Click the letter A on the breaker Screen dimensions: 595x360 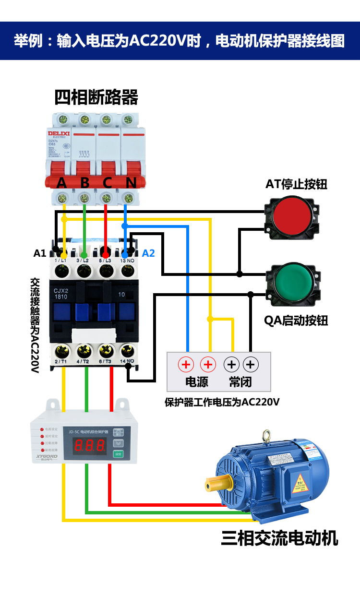pyautogui.click(x=61, y=183)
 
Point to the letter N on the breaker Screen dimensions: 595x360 pyautogui.click(x=131, y=183)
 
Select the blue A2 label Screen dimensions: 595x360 pyautogui.click(x=149, y=253)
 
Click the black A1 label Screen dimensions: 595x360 pyautogui.click(x=40, y=253)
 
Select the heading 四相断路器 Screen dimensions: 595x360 pyautogui.click(x=96, y=97)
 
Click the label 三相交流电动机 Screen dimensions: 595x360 pyautogui.click(x=279, y=538)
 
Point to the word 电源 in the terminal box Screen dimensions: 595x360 pyautogui.click(x=197, y=382)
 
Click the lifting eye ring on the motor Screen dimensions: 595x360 pyautogui.click(x=264, y=436)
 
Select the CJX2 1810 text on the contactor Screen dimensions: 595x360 pyautogui.click(x=61, y=294)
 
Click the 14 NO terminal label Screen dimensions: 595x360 pyautogui.click(x=127, y=361)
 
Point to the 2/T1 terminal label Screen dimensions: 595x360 pyautogui.click(x=60, y=361)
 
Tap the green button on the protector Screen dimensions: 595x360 pyautogui.click(x=118, y=454)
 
